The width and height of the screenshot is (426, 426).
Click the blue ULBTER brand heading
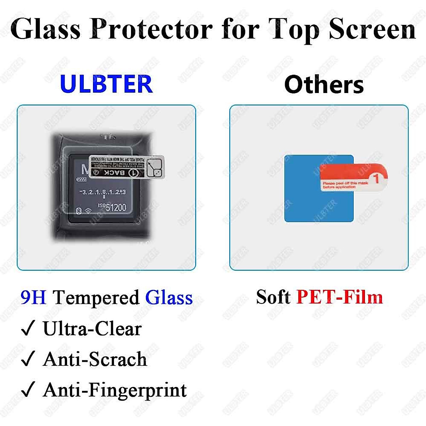pyautogui.click(x=106, y=84)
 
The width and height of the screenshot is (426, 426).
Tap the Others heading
pyautogui.click(x=324, y=85)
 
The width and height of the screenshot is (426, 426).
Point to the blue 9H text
pyautogui.click(x=33, y=297)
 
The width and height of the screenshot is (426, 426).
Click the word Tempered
pyautogui.click(x=96, y=297)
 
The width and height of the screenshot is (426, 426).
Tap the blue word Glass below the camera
pyautogui.click(x=169, y=297)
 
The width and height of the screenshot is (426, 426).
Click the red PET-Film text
pyautogui.click(x=339, y=297)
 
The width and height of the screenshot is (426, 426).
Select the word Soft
pyautogui.click(x=273, y=297)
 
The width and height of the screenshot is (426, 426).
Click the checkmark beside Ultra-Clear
pyautogui.click(x=28, y=328)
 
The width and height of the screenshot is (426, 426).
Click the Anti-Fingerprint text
pyautogui.click(x=115, y=390)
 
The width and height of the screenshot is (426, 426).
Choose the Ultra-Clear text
pyautogui.click(x=92, y=328)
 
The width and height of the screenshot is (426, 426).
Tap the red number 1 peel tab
pyautogui.click(x=376, y=178)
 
